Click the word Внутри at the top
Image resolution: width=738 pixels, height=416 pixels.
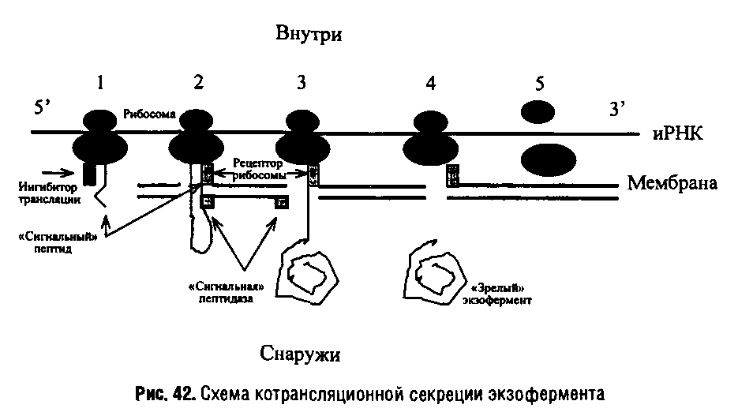click(311, 34)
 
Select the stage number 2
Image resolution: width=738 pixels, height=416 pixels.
click(198, 83)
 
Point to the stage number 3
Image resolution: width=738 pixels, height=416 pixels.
click(300, 83)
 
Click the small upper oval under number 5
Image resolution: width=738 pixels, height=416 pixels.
click(537, 112)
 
